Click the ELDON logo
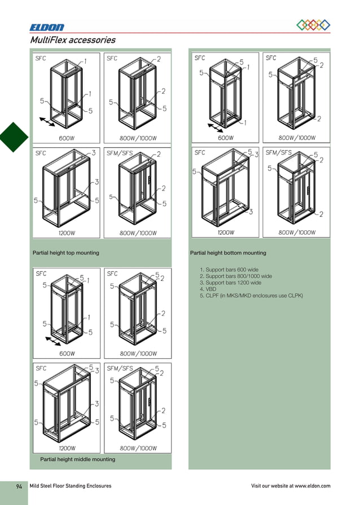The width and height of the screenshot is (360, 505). (47, 27)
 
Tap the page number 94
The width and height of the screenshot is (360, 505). (19, 486)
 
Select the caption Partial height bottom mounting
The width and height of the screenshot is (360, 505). (228, 253)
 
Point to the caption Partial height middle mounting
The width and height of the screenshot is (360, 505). (77, 459)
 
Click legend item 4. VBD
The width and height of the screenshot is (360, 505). (208, 289)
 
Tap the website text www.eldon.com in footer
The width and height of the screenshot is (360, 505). (312, 486)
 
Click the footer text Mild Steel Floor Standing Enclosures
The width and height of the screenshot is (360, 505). (71, 486)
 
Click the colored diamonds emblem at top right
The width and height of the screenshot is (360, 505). (313, 25)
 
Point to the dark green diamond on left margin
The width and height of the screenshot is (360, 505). (12, 137)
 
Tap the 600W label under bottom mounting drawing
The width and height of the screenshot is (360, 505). (226, 138)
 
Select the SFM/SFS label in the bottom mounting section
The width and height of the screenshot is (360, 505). (279, 152)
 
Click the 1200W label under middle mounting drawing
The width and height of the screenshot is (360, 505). (68, 449)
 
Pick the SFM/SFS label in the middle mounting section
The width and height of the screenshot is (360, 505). (120, 368)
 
